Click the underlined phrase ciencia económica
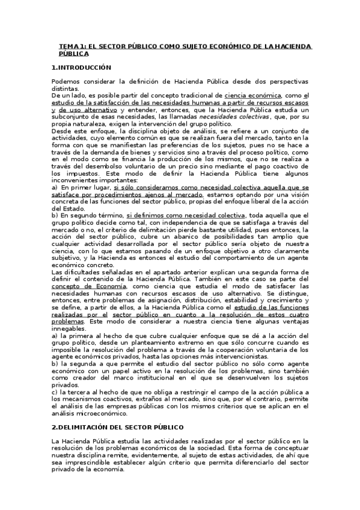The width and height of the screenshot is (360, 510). click(x=252, y=96)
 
